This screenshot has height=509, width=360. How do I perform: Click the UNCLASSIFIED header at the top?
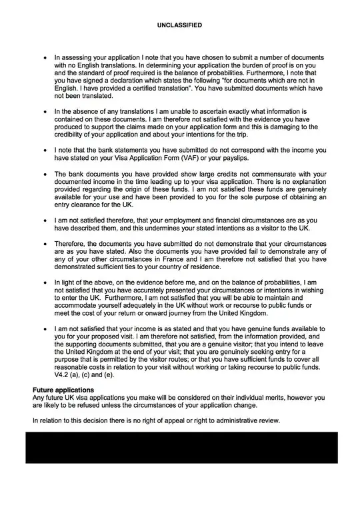[x=179, y=25]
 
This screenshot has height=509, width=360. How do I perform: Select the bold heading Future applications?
[x=63, y=389]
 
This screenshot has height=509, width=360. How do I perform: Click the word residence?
[x=204, y=267]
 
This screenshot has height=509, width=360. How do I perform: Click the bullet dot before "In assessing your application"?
[x=45, y=58]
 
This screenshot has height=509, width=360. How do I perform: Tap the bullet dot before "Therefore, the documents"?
[x=45, y=244]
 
